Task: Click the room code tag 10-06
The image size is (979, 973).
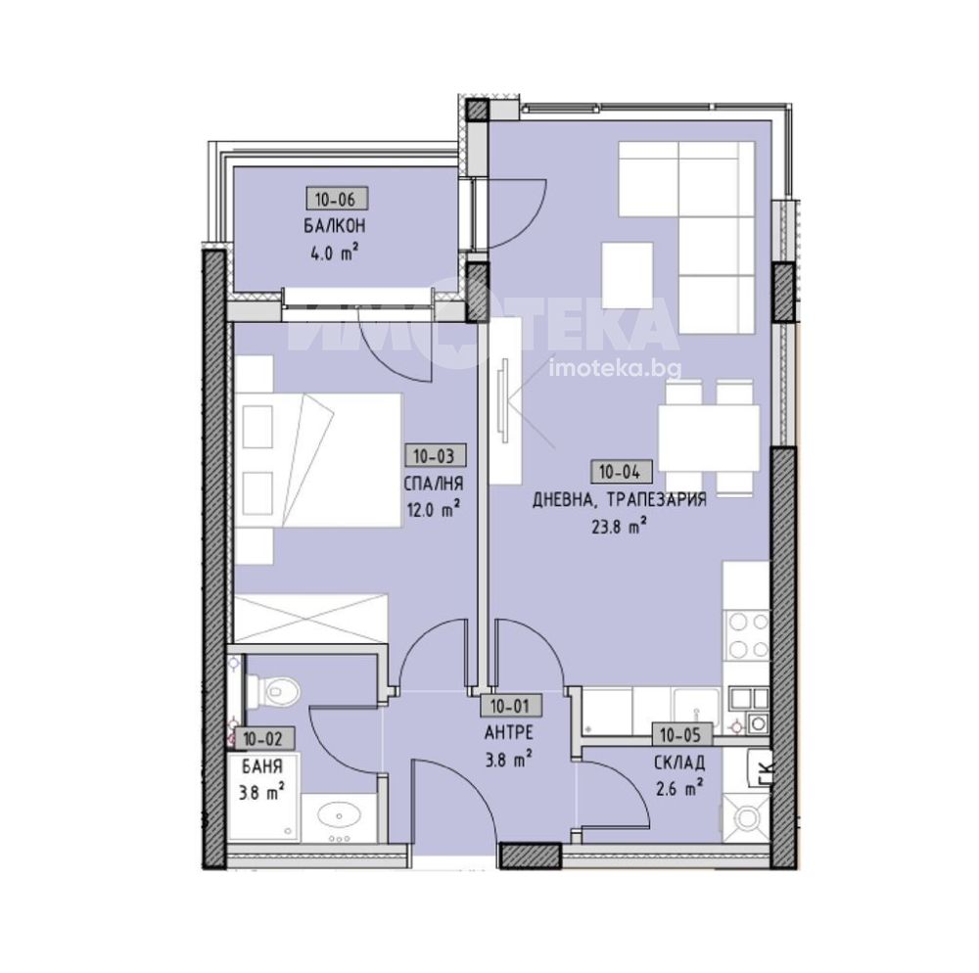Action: pyautogui.click(x=336, y=199)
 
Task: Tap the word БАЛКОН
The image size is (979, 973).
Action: pyautogui.click(x=335, y=226)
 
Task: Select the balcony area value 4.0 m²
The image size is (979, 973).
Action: pyautogui.click(x=334, y=254)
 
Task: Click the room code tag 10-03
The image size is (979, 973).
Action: pyautogui.click(x=436, y=455)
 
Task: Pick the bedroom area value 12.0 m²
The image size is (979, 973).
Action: pyautogui.click(x=434, y=511)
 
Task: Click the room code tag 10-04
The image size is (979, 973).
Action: pyautogui.click(x=620, y=472)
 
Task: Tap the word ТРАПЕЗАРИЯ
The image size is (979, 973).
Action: pyautogui.click(x=656, y=499)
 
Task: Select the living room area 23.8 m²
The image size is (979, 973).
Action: pyautogui.click(x=618, y=528)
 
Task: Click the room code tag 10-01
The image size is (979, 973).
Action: pyautogui.click(x=510, y=707)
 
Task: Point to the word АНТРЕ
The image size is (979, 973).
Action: pyautogui.click(x=508, y=732)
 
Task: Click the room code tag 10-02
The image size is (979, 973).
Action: pyautogui.click(x=262, y=740)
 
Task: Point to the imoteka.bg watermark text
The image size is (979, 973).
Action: pyautogui.click(x=615, y=370)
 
